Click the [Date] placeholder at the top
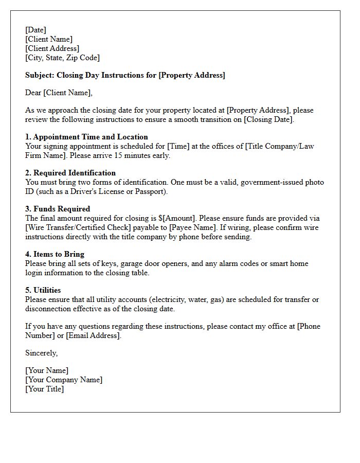(35, 30)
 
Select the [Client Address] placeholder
(52, 48)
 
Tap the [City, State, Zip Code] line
(62, 58)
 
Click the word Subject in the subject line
(40, 75)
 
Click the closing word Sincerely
(41, 353)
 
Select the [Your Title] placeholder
(45, 389)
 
